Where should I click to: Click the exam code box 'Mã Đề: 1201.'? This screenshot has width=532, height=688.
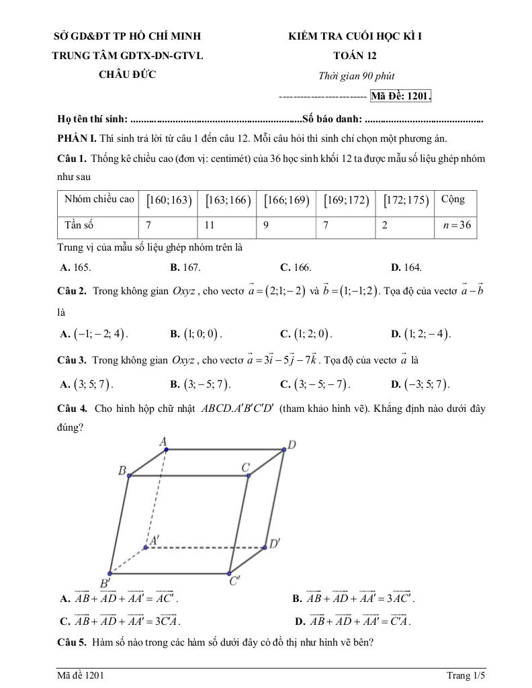point(400,96)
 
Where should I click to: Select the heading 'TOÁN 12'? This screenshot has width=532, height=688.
point(354,56)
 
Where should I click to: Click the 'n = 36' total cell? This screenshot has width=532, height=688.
point(457,226)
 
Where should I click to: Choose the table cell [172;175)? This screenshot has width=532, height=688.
point(406,200)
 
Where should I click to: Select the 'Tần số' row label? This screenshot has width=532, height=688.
point(79,226)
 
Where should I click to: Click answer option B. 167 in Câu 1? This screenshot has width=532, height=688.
point(185,267)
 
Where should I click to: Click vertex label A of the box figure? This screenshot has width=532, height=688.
point(163,441)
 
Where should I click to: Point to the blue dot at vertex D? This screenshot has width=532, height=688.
point(283,449)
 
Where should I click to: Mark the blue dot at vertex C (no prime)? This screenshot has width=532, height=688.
point(249,476)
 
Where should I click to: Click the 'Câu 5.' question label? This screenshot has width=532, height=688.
point(72,642)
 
